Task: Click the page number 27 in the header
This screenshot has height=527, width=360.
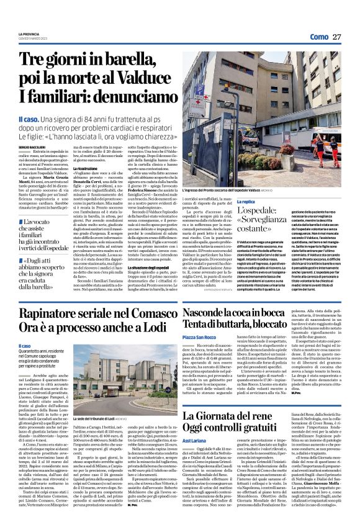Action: (x=335, y=37)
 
